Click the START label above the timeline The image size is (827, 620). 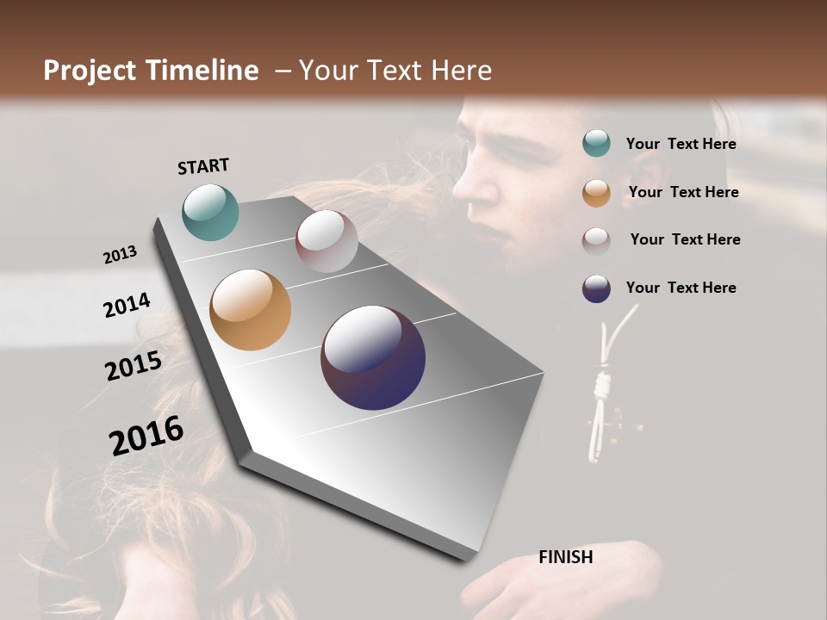203,166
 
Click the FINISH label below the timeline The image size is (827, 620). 565,557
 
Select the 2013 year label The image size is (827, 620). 121,254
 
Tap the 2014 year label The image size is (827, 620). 127,305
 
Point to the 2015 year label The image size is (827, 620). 134,366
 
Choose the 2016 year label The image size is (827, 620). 146,435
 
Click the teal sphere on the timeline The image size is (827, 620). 210,212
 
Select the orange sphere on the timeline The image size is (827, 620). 250,310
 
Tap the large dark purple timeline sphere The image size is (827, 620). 373,357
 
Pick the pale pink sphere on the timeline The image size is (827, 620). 326,241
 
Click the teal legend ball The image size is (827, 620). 596,144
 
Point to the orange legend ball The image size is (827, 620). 596,192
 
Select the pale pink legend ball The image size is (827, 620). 596,240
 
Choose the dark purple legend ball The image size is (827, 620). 596,288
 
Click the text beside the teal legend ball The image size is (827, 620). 681,144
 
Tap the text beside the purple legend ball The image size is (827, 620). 681,288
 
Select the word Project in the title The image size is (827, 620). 90,71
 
